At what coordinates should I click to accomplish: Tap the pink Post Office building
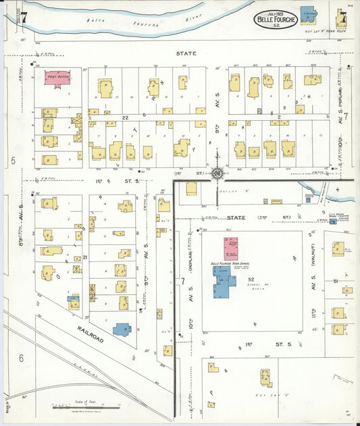(x=57, y=78)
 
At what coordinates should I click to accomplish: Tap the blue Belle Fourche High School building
(x=224, y=281)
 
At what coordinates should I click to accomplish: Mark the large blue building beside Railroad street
(x=122, y=329)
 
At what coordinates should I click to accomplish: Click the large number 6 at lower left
(x=21, y=358)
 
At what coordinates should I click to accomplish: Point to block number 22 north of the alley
(x=125, y=117)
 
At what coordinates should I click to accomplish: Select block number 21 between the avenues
(x=85, y=257)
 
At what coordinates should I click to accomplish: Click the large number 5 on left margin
(x=13, y=161)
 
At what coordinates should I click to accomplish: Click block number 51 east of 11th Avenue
(x=336, y=281)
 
